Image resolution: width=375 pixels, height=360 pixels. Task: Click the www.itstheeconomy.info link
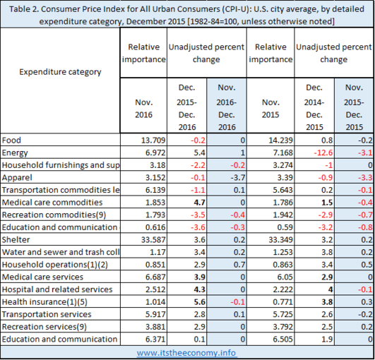point(186,353)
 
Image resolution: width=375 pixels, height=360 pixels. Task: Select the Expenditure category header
point(60,72)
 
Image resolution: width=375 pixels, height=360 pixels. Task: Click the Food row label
point(11,140)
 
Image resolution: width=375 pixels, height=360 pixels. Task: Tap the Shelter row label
point(16,239)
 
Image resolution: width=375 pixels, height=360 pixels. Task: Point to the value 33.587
point(153,239)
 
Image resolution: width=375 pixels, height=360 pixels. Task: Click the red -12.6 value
point(323,152)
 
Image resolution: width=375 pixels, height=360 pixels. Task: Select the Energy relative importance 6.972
point(155,152)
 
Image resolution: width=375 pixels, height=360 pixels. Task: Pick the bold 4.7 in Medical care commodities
point(199,202)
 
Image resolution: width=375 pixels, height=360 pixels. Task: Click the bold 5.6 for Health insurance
point(199,301)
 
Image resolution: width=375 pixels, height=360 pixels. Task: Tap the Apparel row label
point(17,178)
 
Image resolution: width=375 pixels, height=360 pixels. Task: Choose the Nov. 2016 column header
point(143,109)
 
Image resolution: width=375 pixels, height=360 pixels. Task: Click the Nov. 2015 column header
point(270,109)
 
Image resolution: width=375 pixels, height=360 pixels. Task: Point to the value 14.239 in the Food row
point(280,140)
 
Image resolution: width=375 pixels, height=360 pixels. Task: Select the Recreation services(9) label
point(44,327)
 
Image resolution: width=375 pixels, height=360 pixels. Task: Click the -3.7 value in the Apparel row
point(238,177)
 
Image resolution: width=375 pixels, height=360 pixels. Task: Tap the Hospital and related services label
point(57,289)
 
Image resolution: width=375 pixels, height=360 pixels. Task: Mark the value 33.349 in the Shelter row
point(280,239)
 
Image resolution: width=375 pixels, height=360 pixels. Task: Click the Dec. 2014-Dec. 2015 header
point(314,107)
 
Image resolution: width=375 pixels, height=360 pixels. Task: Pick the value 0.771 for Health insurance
point(282,301)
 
